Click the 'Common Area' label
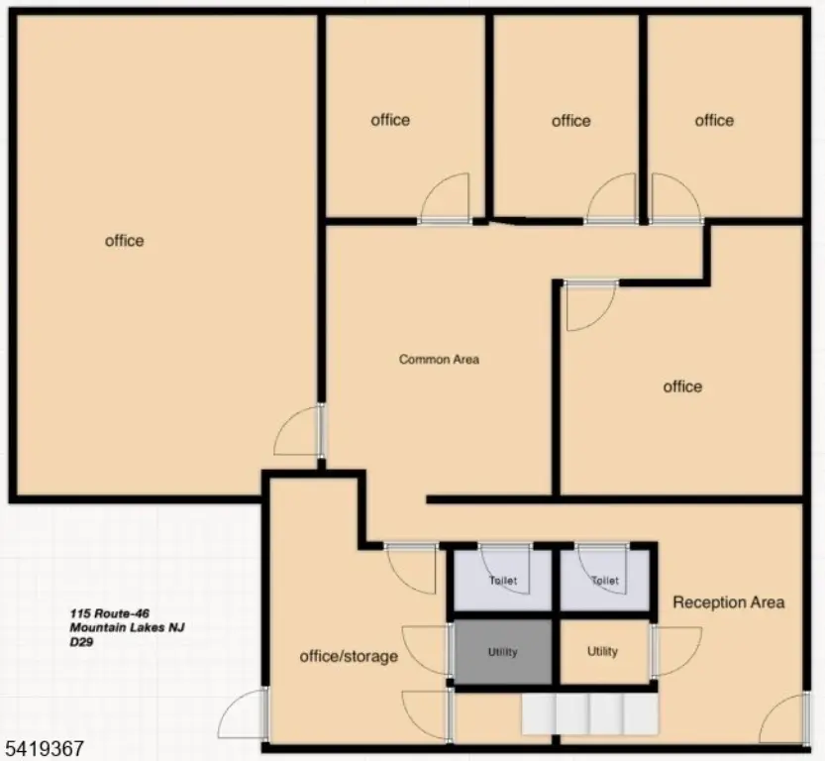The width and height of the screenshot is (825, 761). (439, 360)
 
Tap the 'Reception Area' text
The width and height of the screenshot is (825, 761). (729, 602)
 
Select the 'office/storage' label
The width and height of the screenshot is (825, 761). (349, 656)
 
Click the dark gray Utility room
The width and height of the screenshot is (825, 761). (502, 652)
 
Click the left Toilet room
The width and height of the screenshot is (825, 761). (502, 580)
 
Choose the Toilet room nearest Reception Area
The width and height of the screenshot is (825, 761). (604, 580)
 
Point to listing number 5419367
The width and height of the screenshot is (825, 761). (45, 748)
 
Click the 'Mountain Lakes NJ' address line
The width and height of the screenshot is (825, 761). (127, 627)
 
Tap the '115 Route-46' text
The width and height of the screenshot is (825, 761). (109, 613)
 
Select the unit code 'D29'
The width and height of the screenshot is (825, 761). (81, 642)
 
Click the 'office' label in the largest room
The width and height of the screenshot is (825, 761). (124, 241)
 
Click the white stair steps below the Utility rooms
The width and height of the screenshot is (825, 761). (590, 713)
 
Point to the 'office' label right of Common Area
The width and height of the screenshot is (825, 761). (682, 386)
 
